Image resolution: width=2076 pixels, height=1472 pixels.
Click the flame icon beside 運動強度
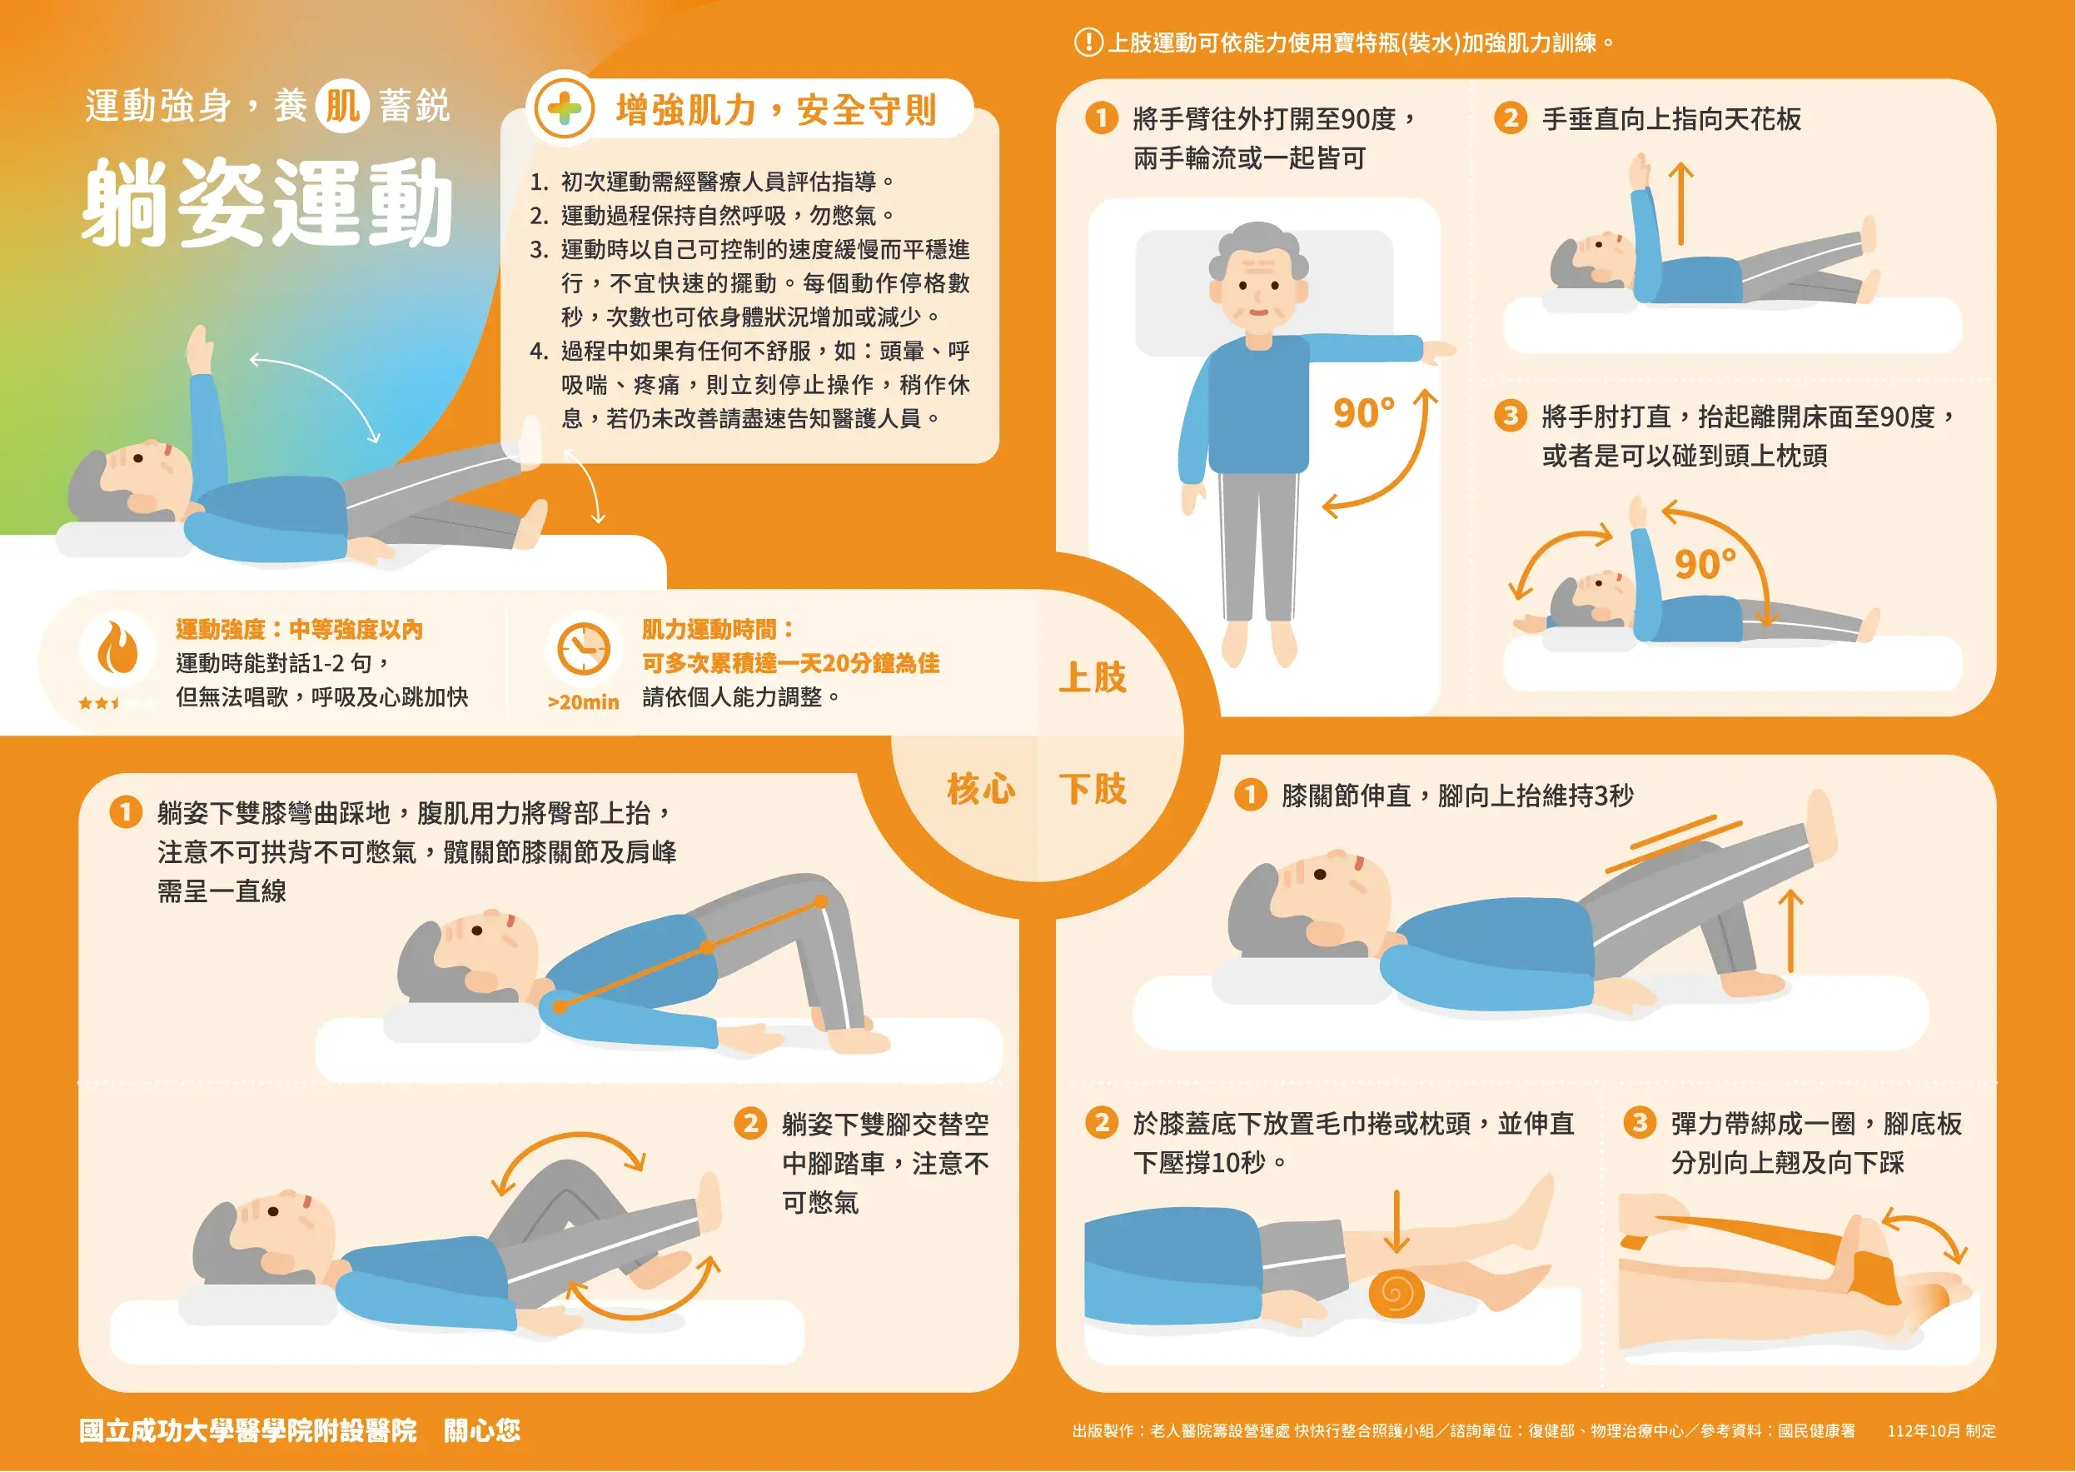117,647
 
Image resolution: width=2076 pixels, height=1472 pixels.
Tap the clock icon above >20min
583,649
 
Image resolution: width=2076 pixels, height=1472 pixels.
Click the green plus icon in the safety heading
564,109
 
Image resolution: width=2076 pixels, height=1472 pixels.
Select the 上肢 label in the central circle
1093,677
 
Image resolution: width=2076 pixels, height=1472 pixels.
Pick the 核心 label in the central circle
980,789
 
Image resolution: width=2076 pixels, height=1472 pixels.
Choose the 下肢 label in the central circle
1093,789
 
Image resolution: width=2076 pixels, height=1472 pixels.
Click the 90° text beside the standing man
1364,413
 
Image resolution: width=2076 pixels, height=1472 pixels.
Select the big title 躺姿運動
268,203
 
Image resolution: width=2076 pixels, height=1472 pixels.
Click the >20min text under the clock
583,701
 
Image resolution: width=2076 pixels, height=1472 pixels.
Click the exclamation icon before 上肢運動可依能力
1088,42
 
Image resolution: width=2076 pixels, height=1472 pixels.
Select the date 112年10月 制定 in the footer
1941,1430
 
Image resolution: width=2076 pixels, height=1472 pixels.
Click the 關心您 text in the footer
482,1430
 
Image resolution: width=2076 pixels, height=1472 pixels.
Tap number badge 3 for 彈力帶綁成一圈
1638,1122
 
